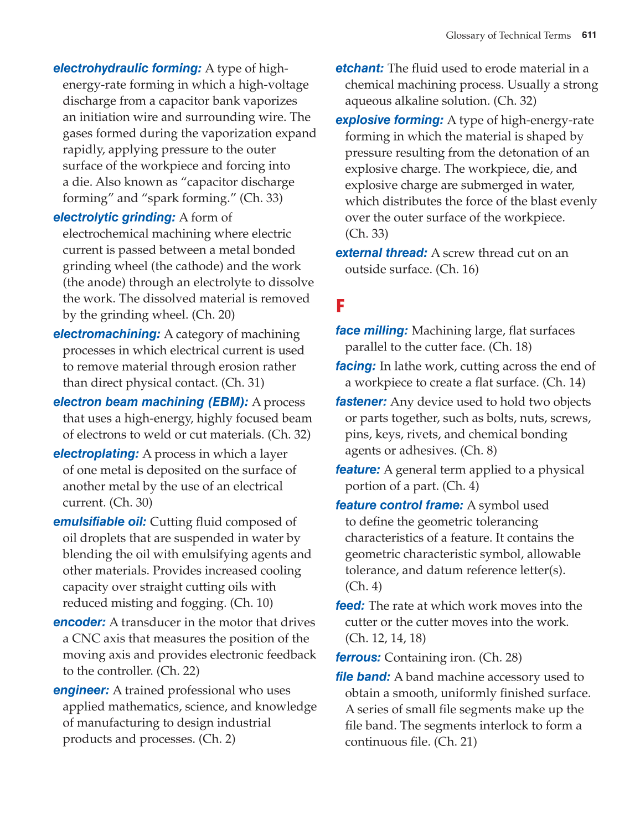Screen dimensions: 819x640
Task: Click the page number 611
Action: pos(589,35)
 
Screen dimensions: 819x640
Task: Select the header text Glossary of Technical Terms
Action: pos(508,35)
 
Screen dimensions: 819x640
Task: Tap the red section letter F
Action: pos(340,305)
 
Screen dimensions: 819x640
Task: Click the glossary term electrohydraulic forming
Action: pos(127,69)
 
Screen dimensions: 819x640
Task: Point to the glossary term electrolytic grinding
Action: pos(114,218)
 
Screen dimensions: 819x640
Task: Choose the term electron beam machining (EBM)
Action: pos(151,402)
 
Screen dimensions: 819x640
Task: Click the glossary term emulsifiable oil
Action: pos(100,522)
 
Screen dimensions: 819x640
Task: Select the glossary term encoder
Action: pos(79,622)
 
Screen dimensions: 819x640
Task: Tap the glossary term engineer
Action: pos(81,691)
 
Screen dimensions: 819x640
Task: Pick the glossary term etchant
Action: pos(359,69)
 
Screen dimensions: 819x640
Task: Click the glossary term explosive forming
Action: pos(389,120)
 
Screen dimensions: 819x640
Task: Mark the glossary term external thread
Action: pos(381,253)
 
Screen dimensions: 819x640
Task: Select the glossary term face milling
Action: pos(371,331)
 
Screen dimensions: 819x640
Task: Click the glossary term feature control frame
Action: pos(399,505)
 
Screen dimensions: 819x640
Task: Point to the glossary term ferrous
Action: pos(358,657)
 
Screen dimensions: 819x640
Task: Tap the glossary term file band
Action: pos(363,677)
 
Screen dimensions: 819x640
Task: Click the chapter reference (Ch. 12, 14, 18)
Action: pos(385,638)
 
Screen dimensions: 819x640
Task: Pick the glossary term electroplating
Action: pos(96,454)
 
